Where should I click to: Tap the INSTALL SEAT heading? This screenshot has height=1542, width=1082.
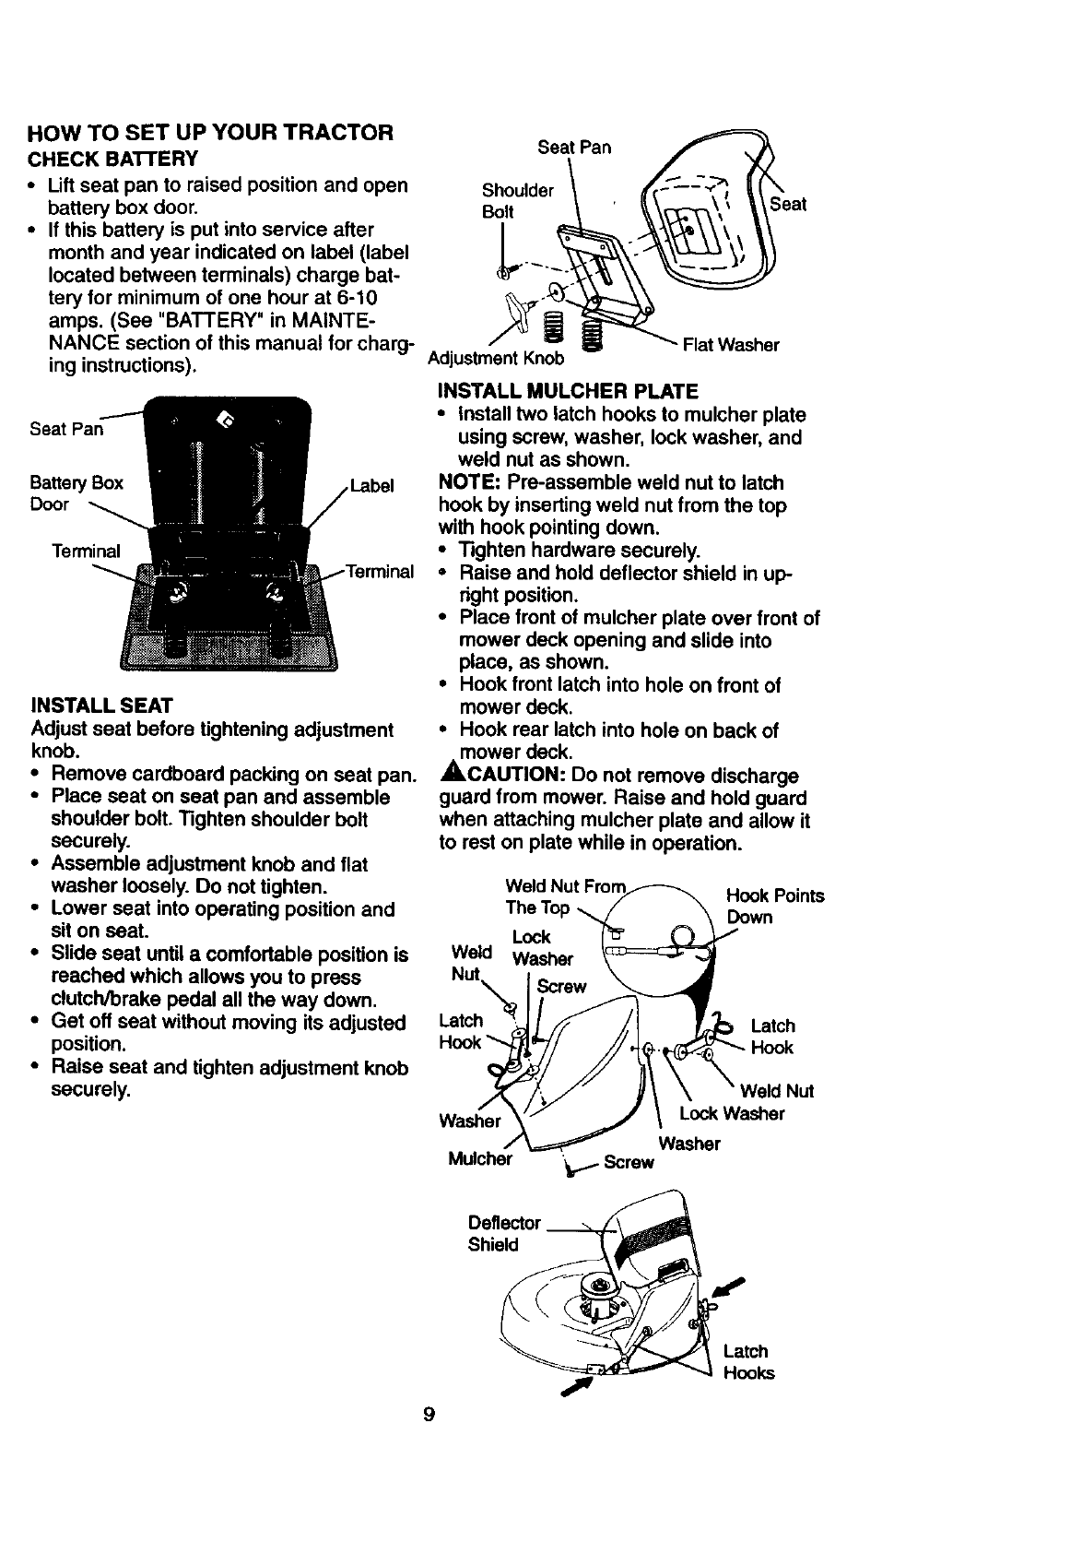click(x=101, y=706)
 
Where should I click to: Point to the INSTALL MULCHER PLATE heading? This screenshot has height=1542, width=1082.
click(x=568, y=391)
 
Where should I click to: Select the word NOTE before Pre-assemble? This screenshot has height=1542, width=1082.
click(x=468, y=482)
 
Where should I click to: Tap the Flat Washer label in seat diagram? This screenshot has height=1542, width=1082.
click(x=730, y=345)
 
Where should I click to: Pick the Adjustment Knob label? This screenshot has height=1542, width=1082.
click(x=496, y=358)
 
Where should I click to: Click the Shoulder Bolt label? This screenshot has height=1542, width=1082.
click(x=517, y=200)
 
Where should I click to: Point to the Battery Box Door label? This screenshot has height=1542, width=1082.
click(x=76, y=493)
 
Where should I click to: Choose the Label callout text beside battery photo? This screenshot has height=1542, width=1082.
click(x=371, y=485)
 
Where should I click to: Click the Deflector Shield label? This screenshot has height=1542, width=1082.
click(x=504, y=1233)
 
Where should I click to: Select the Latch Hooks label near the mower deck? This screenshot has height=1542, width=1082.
click(x=747, y=1361)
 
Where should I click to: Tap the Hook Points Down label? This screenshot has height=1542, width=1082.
click(x=774, y=907)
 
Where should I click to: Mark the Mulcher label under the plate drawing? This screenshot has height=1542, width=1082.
click(x=479, y=1159)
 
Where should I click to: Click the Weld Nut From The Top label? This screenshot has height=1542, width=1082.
click(x=564, y=896)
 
